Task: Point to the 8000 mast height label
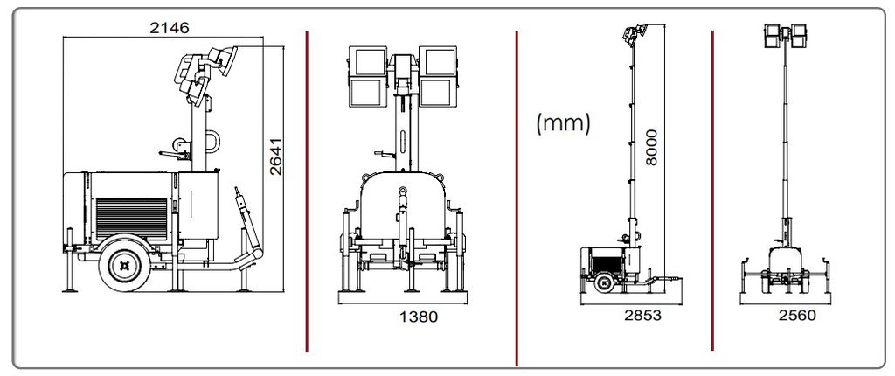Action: pos(652,148)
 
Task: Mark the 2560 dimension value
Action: pos(797,316)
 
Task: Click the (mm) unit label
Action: pos(563,123)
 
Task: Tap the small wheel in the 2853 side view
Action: pos(602,282)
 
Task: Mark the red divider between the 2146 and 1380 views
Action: pos(307,192)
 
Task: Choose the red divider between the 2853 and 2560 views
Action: pos(712,192)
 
